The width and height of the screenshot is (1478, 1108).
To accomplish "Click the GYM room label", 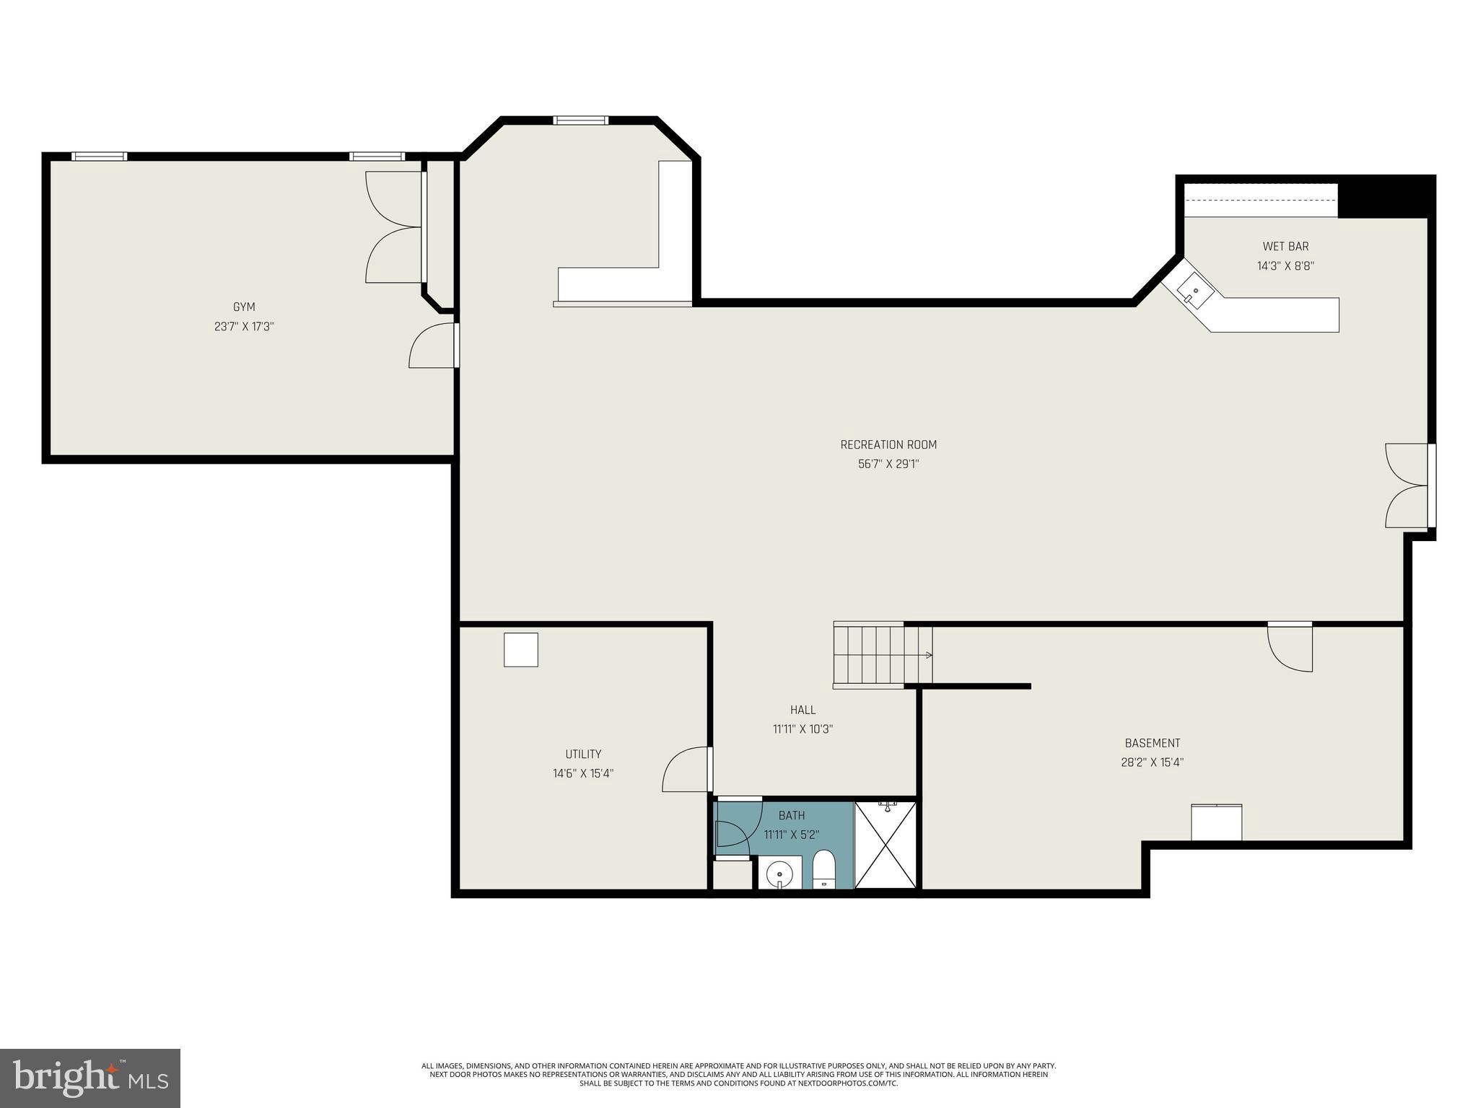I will (244, 307).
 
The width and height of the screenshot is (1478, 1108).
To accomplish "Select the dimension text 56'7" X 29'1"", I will (888, 465).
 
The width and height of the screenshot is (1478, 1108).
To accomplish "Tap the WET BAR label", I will (1285, 247).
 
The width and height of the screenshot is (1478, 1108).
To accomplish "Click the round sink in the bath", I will (780, 874).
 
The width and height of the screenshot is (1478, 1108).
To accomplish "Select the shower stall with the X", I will (886, 845).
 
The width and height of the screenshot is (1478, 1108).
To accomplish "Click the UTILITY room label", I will (583, 755).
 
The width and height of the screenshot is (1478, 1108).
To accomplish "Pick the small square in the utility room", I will (520, 650).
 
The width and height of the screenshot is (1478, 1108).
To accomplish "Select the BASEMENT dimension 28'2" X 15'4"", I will (1152, 762).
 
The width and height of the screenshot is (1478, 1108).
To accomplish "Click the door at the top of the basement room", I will (1290, 647).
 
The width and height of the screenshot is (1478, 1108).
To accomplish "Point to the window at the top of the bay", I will (581, 120).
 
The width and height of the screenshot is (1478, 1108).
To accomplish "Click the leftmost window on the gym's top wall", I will (100, 157).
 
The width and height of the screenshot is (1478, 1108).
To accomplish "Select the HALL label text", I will (803, 711).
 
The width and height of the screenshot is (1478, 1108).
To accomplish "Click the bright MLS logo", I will (90, 1078).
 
